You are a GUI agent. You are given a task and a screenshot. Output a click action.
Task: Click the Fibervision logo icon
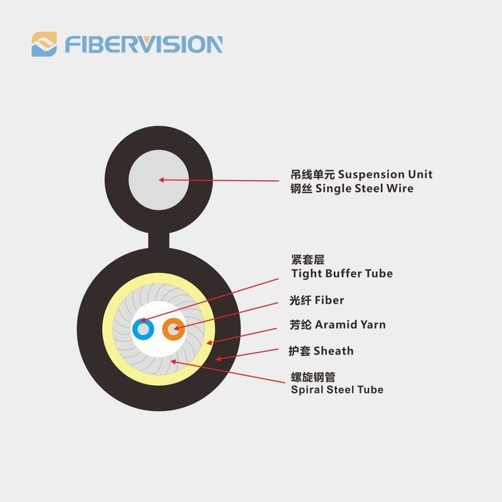(44, 44)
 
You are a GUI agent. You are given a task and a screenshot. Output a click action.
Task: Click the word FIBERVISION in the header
(144, 45)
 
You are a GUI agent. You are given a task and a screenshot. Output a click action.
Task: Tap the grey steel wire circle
(159, 180)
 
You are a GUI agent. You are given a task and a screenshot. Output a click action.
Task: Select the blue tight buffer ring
(143, 329)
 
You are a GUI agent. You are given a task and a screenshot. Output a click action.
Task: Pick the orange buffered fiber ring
(173, 329)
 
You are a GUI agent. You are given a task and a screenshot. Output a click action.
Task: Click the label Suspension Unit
(385, 174)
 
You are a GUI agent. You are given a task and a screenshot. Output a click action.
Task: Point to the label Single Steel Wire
(365, 188)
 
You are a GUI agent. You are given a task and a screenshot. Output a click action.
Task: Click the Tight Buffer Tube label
(342, 274)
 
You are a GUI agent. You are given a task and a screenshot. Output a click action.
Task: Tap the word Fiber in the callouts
(329, 301)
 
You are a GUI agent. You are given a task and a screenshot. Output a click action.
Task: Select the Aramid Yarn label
(350, 324)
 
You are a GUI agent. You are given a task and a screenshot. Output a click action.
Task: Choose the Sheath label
(334, 351)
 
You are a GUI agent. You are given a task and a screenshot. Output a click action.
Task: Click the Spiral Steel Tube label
(337, 390)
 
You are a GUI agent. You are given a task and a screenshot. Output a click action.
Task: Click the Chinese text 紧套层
(307, 260)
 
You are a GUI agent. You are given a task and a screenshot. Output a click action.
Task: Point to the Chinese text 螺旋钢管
(313, 377)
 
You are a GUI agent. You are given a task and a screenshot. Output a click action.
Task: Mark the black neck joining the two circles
(159, 240)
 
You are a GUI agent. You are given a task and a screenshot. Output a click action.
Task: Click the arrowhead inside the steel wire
(161, 180)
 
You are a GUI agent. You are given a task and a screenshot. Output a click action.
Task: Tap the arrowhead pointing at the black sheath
(218, 358)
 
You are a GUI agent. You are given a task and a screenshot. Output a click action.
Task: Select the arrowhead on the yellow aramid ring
(210, 343)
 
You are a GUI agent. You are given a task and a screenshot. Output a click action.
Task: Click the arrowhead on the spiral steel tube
(173, 362)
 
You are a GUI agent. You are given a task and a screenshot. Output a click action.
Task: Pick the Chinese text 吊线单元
(312, 174)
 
